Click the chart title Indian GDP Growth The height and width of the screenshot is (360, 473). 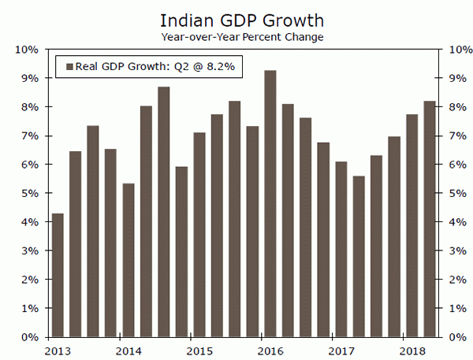tap(236, 18)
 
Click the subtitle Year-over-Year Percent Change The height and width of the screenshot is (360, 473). tap(236, 36)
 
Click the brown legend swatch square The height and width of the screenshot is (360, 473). tap(69, 67)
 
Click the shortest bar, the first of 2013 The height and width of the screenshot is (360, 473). tap(57, 275)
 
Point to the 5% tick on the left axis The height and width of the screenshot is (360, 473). tap(28, 193)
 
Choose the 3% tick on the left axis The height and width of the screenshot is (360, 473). tap(28, 251)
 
